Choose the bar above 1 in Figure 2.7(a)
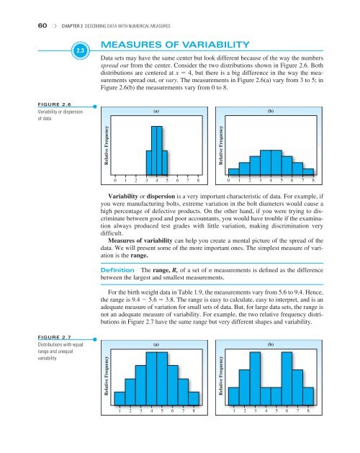coord(120,398)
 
